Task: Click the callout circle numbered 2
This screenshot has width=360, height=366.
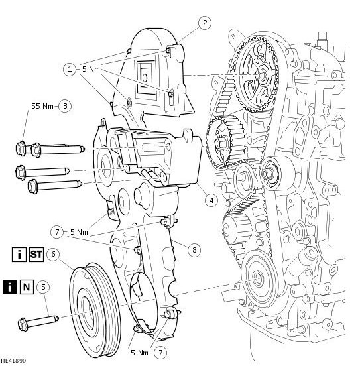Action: (x=205, y=23)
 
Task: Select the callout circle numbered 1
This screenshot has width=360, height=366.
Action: (x=70, y=70)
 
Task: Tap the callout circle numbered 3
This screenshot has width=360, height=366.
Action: (x=65, y=106)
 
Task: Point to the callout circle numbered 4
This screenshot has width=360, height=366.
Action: (x=211, y=200)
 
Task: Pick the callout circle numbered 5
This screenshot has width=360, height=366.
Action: (x=43, y=287)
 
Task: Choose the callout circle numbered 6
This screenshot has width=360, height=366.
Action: (x=53, y=254)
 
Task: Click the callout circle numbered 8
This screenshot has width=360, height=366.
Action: (x=194, y=250)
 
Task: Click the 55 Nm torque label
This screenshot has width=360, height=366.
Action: (x=42, y=106)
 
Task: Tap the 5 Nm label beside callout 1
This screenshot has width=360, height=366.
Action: (x=91, y=70)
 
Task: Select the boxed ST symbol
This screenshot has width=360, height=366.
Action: (x=36, y=255)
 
